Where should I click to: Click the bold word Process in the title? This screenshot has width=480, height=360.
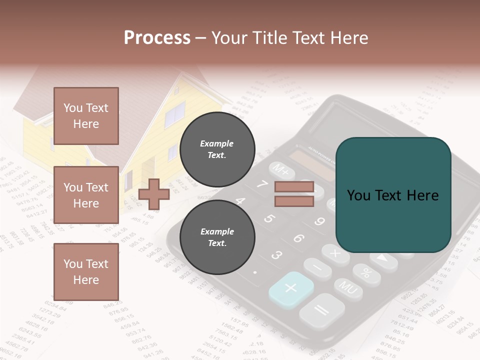point(157,37)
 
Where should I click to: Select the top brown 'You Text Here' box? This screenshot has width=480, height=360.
point(86,116)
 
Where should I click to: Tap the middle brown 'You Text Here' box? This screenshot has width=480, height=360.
point(86,195)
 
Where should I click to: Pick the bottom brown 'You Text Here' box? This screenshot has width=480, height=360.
point(86,271)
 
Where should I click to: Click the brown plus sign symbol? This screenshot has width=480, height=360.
point(154,194)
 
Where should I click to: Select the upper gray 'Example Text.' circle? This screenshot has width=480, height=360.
point(217,149)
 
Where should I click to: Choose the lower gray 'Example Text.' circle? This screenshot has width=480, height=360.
point(217,237)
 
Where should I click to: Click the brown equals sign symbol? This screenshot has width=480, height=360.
point(294,194)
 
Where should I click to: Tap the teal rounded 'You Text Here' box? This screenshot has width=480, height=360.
point(393,195)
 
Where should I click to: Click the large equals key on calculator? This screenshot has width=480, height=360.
point(321,310)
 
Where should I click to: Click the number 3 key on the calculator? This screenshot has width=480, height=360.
point(276,255)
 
